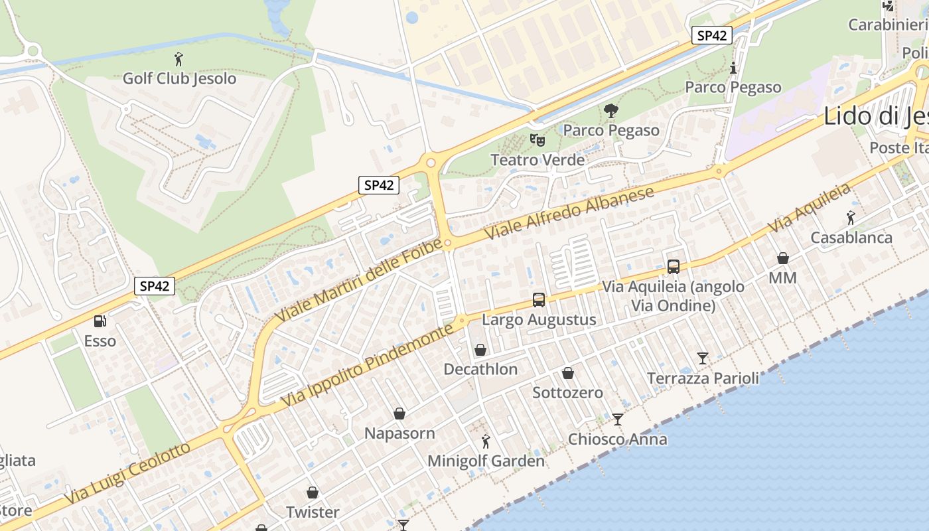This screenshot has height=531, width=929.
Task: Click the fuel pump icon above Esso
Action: click(100, 321)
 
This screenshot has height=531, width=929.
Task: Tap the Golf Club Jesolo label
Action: click(179, 78)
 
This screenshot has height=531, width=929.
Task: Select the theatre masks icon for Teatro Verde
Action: click(537, 140)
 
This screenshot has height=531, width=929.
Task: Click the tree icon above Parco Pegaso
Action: click(610, 111)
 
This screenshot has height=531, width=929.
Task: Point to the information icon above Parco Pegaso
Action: click(733, 68)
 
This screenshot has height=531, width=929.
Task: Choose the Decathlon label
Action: click(480, 369)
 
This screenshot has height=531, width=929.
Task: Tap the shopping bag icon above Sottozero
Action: click(568, 373)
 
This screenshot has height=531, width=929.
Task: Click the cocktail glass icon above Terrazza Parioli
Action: click(703, 358)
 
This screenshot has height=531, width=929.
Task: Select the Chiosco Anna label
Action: click(618, 439)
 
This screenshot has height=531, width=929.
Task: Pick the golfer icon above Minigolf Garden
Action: click(486, 441)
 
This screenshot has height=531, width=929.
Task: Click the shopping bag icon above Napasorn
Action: click(399, 414)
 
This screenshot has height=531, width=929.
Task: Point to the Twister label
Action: click(313, 512)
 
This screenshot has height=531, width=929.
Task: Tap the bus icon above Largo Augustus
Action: click(539, 300)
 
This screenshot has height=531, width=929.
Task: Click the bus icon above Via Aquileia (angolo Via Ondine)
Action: click(673, 267)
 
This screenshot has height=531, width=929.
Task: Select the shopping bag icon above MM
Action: click(783, 258)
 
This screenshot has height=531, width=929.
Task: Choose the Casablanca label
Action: click(851, 238)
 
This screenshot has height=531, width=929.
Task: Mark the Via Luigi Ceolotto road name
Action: click(127, 473)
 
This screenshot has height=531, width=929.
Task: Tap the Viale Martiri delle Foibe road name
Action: click(358, 281)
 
